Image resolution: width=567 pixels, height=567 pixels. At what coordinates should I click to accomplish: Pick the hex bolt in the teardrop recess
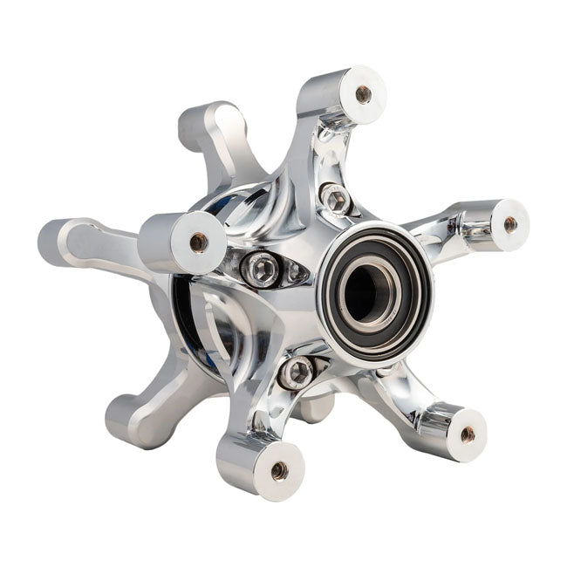coord(260,270)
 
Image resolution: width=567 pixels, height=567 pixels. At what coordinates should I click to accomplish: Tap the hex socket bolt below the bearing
coord(297,372)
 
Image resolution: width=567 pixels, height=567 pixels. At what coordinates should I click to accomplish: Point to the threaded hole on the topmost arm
coord(363,94)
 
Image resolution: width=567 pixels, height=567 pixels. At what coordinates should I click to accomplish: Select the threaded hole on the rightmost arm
coord(509,224)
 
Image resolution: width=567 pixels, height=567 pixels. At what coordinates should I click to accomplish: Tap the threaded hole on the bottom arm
coord(279,470)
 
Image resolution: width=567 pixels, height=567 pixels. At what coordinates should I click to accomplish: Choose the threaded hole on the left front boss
coord(199,243)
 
